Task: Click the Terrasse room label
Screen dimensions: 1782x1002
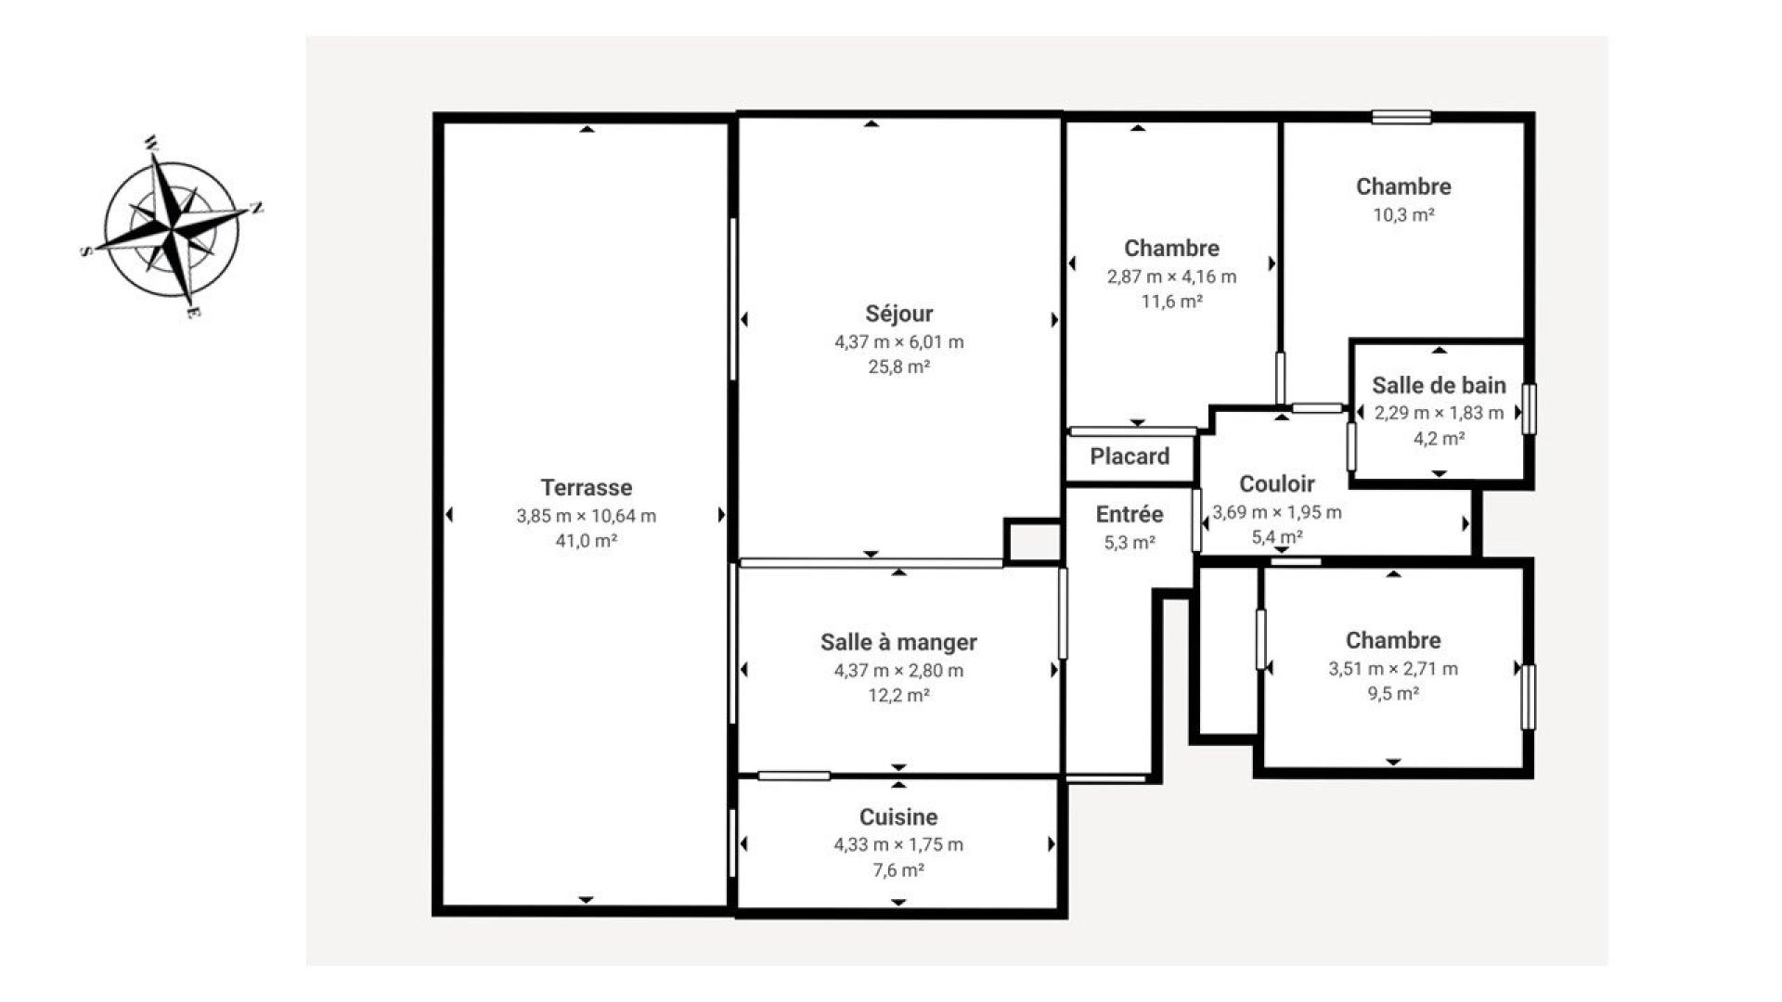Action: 587,487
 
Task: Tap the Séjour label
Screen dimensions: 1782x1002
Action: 898,314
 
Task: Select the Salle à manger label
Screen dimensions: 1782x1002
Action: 898,642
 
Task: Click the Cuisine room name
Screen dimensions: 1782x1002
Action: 898,817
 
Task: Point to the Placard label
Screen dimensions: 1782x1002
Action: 1130,456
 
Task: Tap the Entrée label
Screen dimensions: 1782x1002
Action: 1130,514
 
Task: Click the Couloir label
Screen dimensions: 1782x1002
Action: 1277,483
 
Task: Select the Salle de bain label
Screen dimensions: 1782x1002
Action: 1439,385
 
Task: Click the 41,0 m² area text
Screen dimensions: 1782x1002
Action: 587,541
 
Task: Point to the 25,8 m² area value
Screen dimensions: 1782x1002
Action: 898,366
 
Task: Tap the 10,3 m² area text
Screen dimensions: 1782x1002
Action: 1403,215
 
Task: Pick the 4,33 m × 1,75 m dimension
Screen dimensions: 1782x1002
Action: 898,844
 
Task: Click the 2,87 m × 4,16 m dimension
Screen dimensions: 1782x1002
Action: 1171,276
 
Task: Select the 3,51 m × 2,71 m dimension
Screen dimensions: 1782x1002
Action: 1393,668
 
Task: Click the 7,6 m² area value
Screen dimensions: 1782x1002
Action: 898,870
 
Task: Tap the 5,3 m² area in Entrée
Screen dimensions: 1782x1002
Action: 1130,543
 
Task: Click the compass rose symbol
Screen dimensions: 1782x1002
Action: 172,227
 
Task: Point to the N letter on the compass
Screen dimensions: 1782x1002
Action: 257,208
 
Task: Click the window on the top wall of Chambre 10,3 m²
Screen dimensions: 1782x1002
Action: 1401,117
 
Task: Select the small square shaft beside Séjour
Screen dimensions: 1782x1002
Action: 1033,541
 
